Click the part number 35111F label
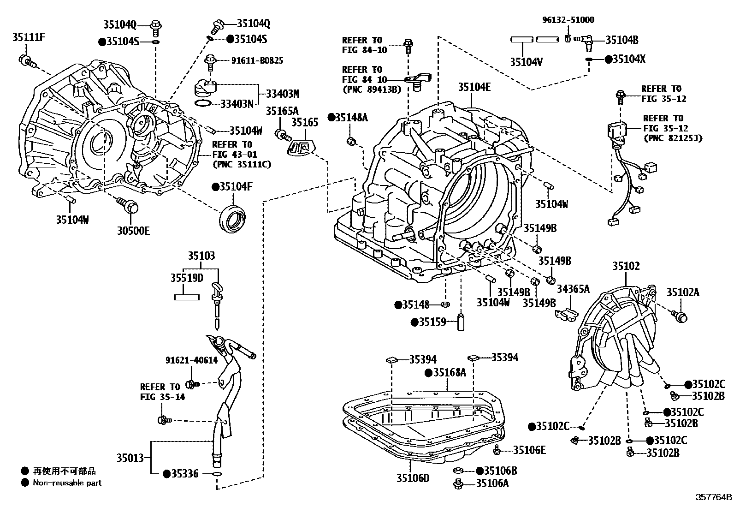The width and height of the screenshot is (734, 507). (x=28, y=37)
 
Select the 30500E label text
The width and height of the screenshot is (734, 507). (x=133, y=231)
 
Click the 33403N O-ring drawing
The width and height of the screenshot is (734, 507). (x=203, y=102)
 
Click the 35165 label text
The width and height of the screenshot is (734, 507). (x=305, y=122)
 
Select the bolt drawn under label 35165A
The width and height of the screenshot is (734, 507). (x=281, y=135)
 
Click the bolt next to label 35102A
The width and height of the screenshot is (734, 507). (x=680, y=317)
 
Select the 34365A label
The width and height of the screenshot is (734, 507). (x=573, y=289)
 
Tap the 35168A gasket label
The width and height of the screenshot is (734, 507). (x=449, y=373)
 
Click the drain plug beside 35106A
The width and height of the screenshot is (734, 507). (x=458, y=483)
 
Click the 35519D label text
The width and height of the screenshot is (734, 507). (x=186, y=278)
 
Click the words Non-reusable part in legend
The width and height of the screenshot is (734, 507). (x=67, y=483)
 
